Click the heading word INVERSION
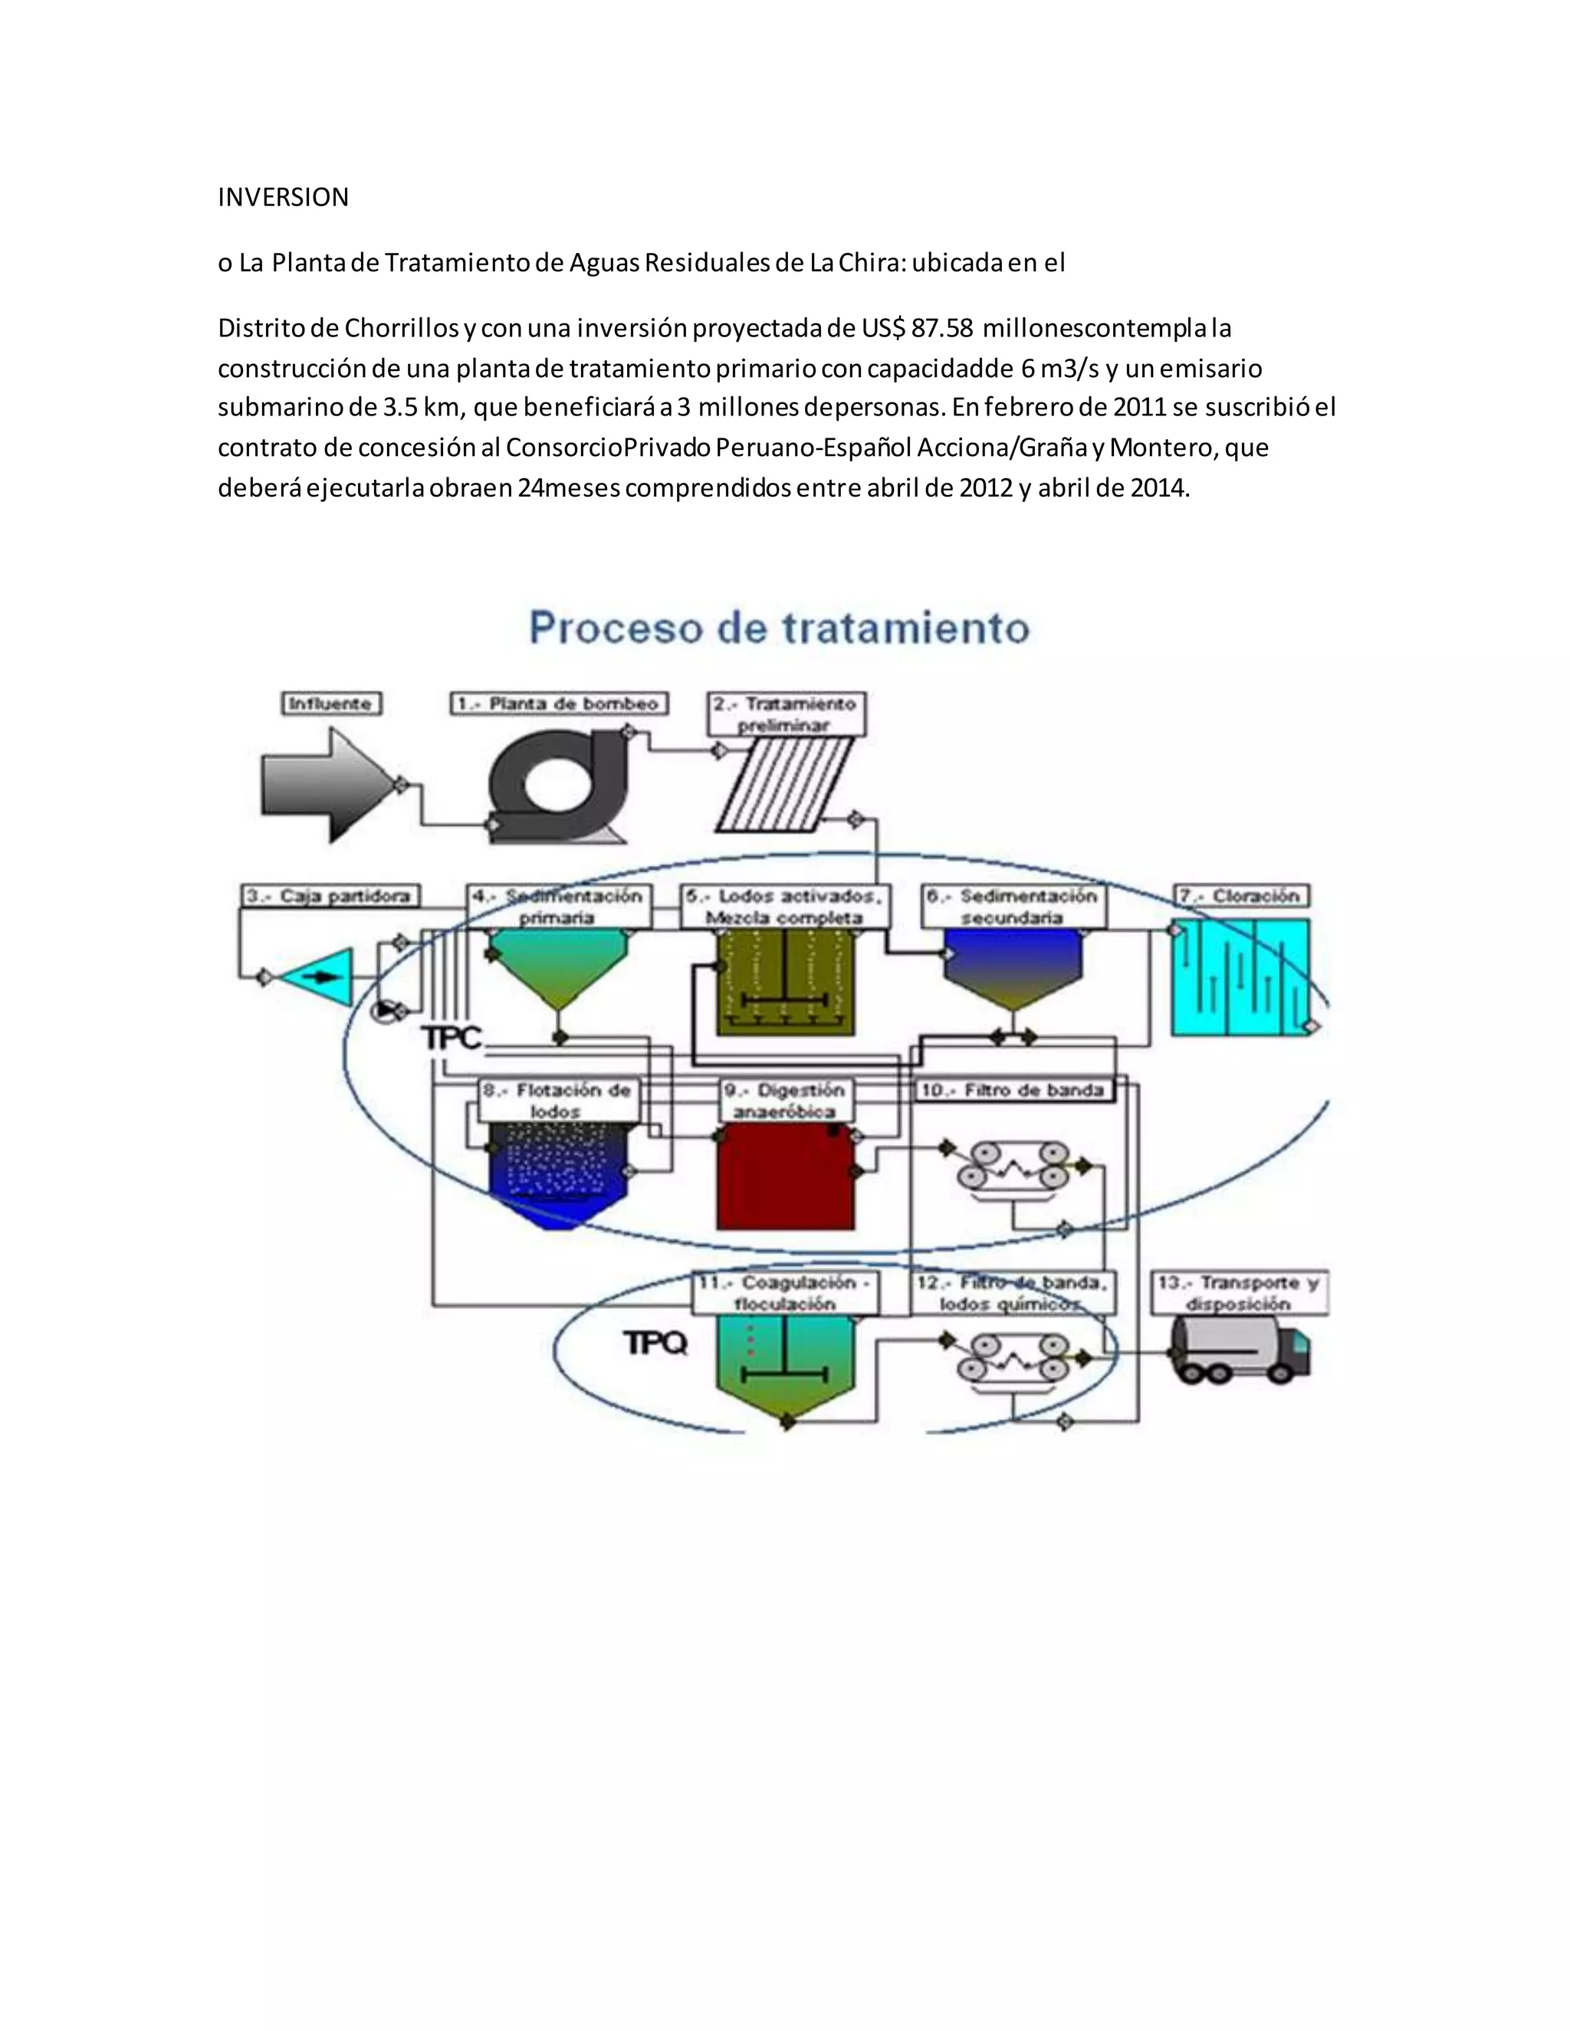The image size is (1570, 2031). click(283, 197)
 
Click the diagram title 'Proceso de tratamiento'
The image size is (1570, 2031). click(780, 628)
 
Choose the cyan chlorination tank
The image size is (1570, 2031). click(1240, 976)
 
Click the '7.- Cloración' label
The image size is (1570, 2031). click(1242, 895)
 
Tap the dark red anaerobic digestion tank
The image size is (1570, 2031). click(786, 1176)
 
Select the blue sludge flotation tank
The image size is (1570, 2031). click(558, 1172)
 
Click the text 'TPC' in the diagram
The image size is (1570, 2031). click(452, 1038)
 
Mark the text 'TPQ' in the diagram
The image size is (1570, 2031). click(655, 1343)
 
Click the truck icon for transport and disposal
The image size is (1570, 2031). click(1240, 1352)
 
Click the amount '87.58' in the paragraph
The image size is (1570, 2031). click(942, 328)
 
